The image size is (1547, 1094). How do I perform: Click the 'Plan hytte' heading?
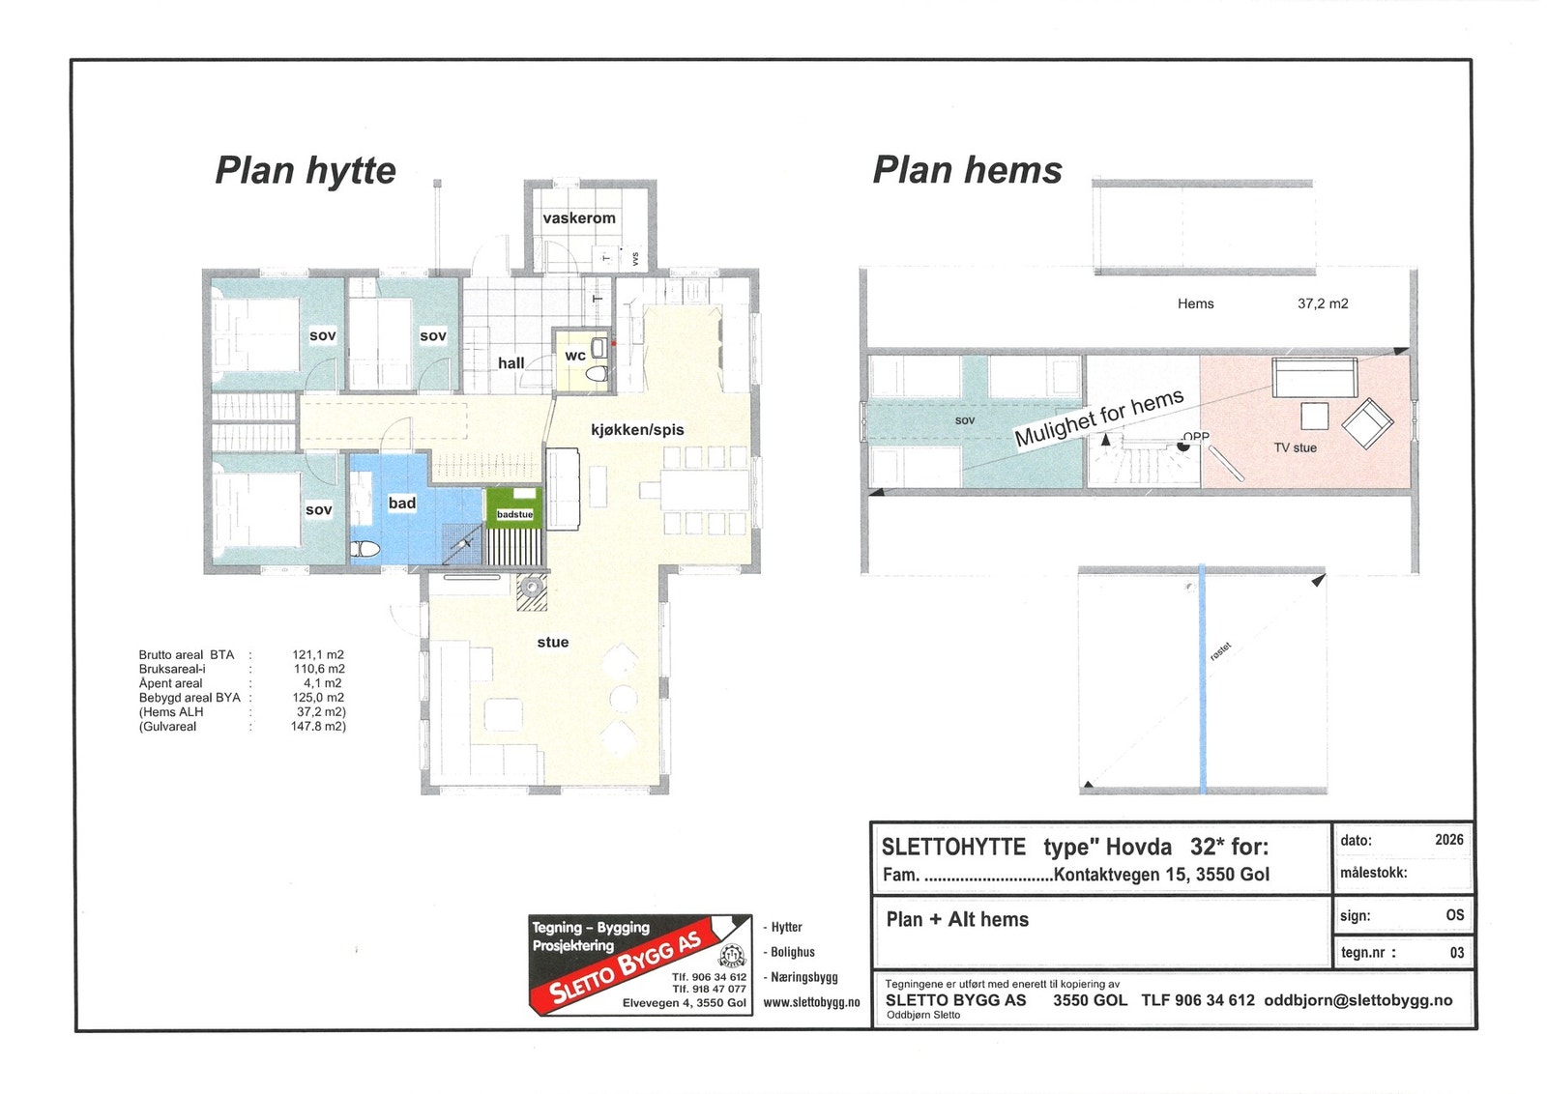(x=306, y=170)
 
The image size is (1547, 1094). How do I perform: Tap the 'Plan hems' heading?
(x=967, y=170)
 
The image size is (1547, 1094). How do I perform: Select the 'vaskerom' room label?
(x=579, y=218)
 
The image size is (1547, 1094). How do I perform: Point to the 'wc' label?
(x=574, y=356)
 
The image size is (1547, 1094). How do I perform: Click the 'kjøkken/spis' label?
(x=637, y=430)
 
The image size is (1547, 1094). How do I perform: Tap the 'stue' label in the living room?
(x=553, y=642)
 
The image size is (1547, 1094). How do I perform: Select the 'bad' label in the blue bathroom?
(x=402, y=504)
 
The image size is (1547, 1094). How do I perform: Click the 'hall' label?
(x=511, y=363)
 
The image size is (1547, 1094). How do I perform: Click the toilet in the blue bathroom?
(x=365, y=549)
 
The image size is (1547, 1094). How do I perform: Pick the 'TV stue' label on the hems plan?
(x=1295, y=448)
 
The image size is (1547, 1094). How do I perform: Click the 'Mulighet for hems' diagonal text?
(x=1098, y=417)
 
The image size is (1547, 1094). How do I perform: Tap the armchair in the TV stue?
(x=1367, y=423)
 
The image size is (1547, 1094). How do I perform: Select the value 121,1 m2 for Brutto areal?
(x=318, y=655)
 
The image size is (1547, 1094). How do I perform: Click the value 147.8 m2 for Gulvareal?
(x=318, y=726)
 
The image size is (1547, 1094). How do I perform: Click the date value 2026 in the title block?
(x=1449, y=839)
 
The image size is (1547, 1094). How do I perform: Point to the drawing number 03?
(x=1456, y=953)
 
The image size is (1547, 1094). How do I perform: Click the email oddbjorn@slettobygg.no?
(x=1358, y=1000)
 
